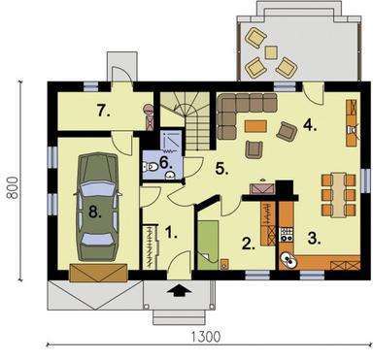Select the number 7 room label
[x=102, y=110]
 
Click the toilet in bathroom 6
[x=149, y=167]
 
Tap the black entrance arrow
[x=176, y=288]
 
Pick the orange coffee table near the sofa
[x=256, y=125]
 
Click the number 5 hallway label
[x=221, y=168]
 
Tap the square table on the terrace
[x=270, y=52]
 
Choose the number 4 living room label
[x=309, y=123]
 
